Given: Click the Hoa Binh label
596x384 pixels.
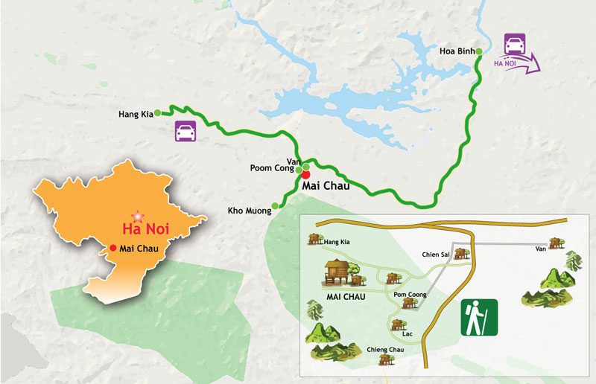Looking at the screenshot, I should click(x=456, y=51).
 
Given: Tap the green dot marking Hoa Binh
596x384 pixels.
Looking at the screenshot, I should click(x=479, y=51).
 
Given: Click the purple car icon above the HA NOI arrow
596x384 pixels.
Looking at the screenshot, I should click(x=515, y=44).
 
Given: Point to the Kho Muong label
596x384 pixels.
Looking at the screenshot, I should click(x=250, y=211).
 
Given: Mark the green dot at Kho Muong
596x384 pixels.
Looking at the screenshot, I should click(x=275, y=206).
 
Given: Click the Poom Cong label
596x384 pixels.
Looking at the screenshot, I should click(x=270, y=168).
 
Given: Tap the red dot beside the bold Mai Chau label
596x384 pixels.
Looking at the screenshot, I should click(x=306, y=174).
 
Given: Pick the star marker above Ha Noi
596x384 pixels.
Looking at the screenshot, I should click(x=135, y=214).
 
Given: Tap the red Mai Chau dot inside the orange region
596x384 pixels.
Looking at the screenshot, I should click(x=112, y=248).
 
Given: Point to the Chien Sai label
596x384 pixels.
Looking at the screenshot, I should click(x=435, y=255).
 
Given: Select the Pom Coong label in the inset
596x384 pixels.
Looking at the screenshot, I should click(x=410, y=295).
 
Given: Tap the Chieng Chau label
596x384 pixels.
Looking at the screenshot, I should click(x=385, y=349).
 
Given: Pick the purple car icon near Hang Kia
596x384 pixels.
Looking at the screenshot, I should click(x=186, y=131).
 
